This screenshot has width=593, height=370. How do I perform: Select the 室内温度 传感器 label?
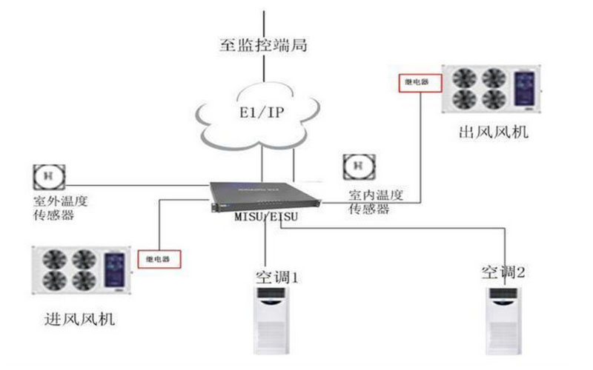point(376,202)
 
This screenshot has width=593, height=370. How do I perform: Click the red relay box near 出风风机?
point(414,82)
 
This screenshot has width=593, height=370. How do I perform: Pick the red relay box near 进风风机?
point(159,258)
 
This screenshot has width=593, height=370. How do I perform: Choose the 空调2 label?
point(503,271)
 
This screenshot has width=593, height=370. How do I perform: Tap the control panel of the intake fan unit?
point(114,268)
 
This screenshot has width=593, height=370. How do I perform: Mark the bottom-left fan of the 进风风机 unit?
point(55,279)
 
